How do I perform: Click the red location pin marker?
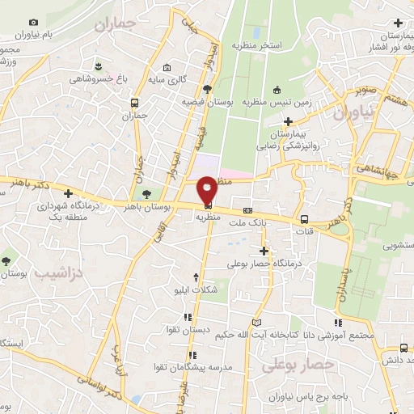coord(207,188)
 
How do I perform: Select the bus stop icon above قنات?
coord(304,219)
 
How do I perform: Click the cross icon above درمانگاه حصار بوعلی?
coord(264,251)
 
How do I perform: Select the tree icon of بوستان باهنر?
coord(146,194)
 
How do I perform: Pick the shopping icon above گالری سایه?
coord(167,68)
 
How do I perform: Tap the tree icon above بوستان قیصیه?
coord(207,88)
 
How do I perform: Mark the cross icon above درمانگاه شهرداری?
coord(68,194)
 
